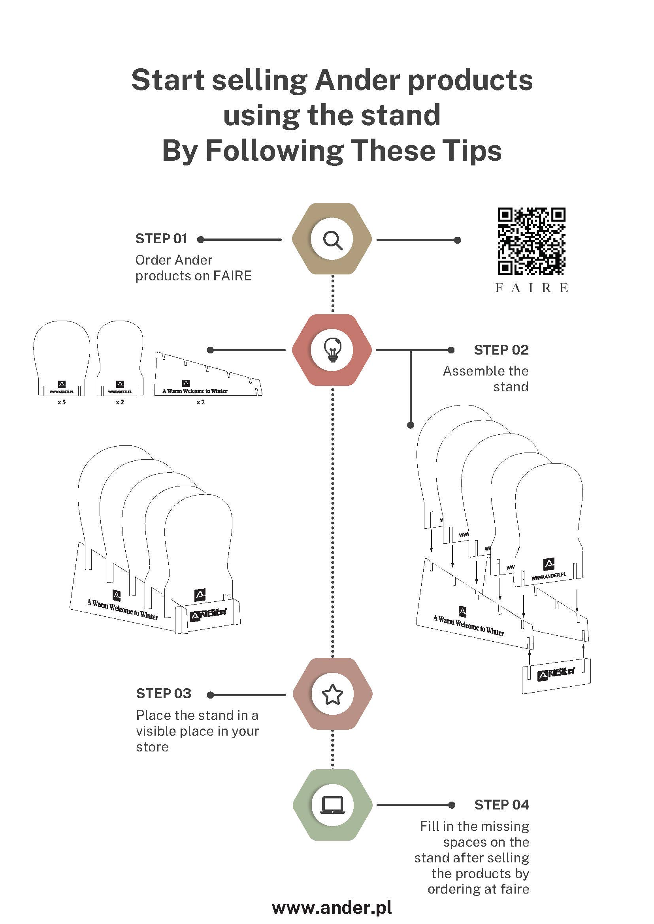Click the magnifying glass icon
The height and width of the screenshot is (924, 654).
coord(333,240)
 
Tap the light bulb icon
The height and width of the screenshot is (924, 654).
coord(333,349)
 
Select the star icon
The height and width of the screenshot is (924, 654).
coord(333,694)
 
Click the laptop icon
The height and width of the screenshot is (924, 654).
coord(333,805)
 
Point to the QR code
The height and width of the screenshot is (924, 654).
coord(531,241)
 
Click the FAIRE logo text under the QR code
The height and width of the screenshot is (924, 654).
coord(531,288)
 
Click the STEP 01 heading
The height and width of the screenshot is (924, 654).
coord(162,239)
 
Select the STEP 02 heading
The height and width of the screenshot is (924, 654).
coord(501,350)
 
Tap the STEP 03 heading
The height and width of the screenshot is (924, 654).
coord(164,693)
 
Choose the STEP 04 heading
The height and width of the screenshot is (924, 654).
coord(501,804)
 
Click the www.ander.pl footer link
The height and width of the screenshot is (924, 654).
coord(332,907)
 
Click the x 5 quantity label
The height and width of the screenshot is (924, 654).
coord(62,402)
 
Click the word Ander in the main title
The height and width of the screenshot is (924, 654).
coord(357,80)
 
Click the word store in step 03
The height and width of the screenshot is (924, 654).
coord(152,747)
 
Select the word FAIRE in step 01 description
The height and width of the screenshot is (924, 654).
coord(232,276)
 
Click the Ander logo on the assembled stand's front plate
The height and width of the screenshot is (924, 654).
coord(208,614)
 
